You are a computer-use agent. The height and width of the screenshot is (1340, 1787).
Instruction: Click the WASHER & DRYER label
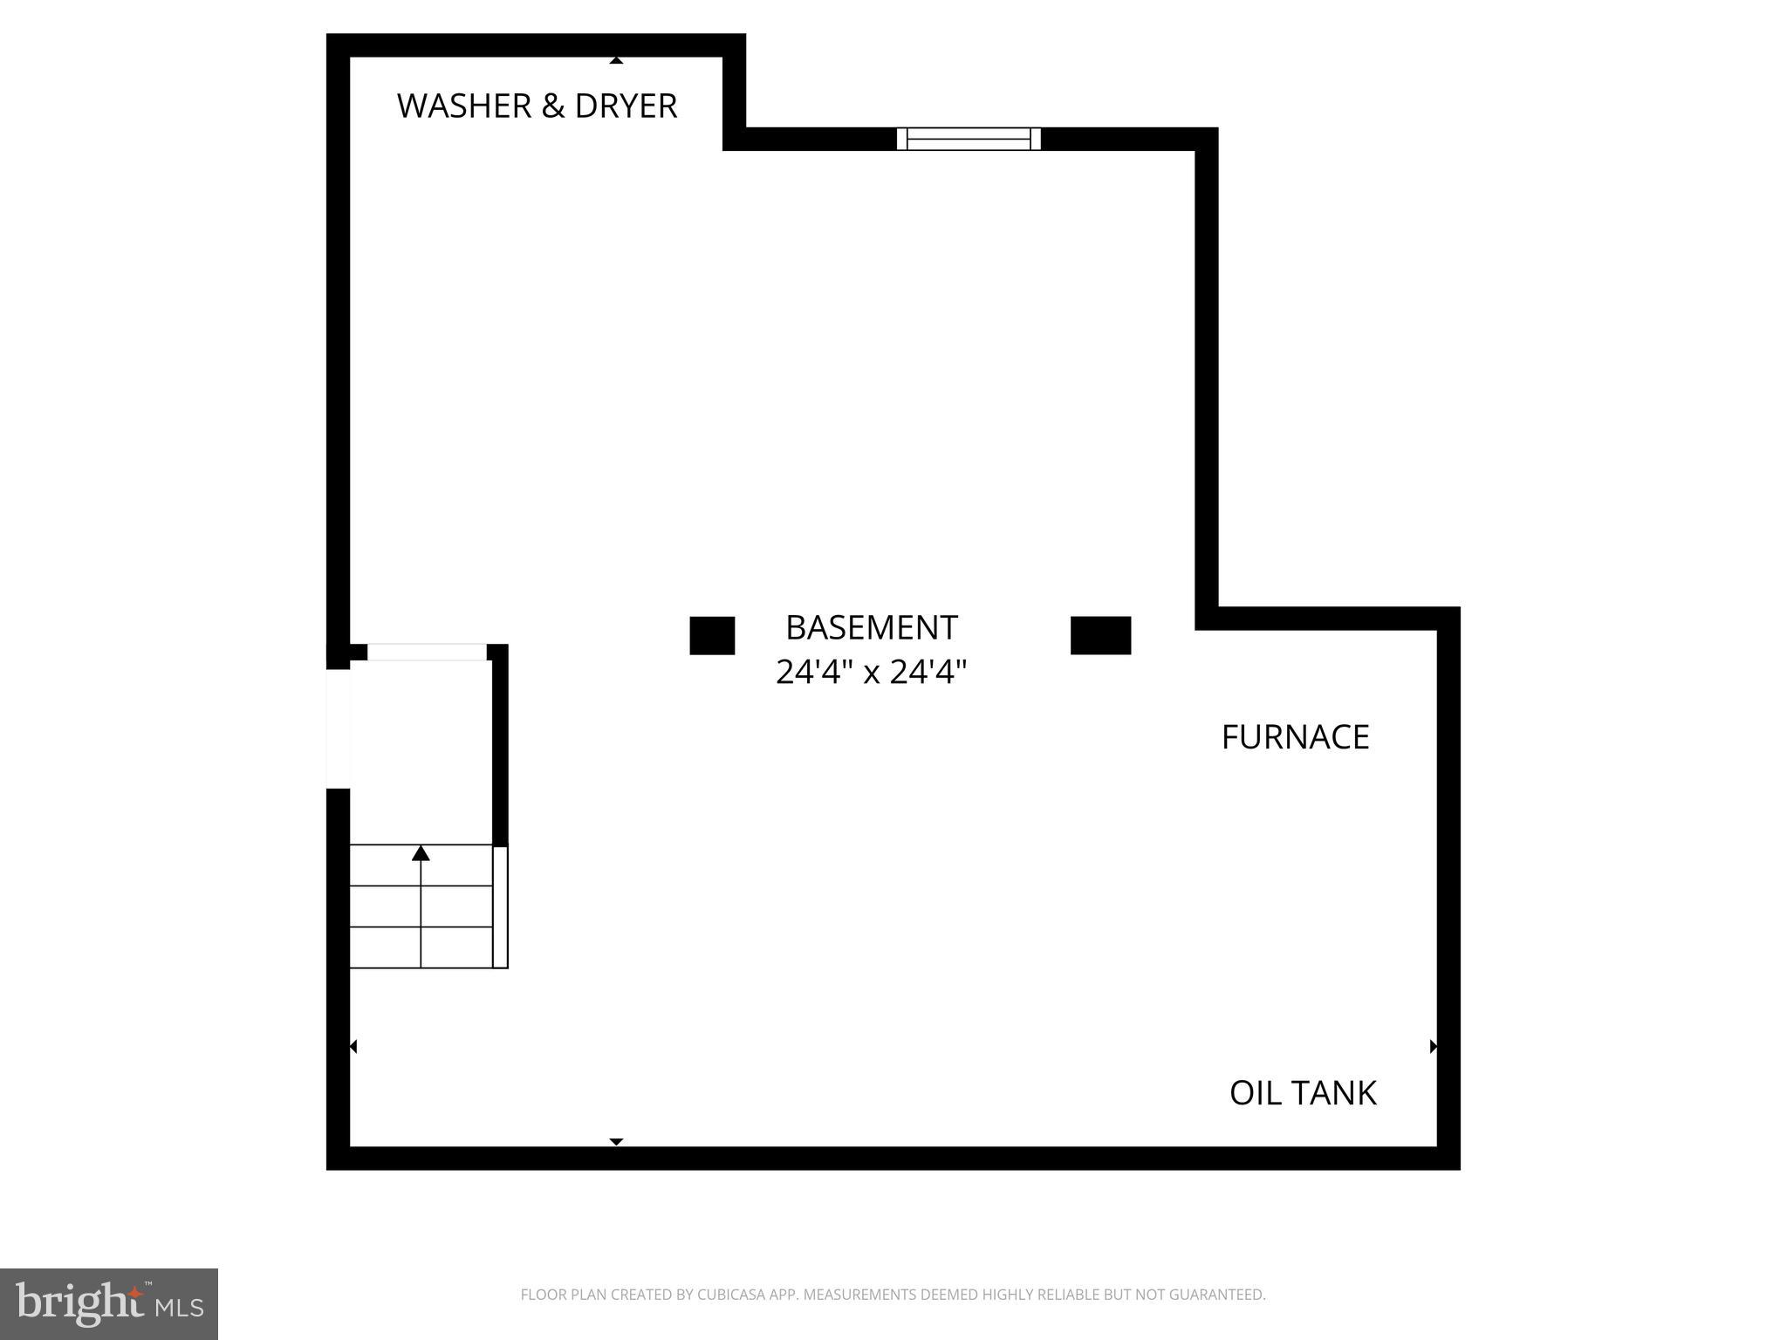click(537, 106)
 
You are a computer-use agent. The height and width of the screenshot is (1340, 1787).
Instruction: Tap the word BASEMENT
click(871, 628)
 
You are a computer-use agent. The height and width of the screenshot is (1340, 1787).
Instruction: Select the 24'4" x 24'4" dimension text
click(871, 673)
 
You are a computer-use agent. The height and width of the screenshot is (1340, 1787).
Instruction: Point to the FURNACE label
click(1295, 738)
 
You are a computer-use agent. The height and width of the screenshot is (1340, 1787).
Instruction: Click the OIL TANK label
click(1302, 1093)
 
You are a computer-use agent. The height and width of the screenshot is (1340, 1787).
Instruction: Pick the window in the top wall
click(969, 139)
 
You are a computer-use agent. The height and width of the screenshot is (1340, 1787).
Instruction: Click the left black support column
click(712, 635)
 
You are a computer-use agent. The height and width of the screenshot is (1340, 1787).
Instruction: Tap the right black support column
click(1100, 635)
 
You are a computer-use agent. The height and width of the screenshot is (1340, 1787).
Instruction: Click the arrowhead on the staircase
click(421, 853)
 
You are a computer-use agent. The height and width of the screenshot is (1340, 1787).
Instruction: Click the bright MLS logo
click(109, 1303)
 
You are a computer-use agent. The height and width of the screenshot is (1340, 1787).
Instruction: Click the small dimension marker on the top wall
click(616, 60)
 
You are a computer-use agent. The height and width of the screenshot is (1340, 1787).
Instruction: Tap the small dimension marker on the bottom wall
click(616, 1141)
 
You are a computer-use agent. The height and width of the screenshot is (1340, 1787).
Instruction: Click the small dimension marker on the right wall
click(1433, 1046)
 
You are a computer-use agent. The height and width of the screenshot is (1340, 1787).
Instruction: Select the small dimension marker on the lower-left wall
click(353, 1046)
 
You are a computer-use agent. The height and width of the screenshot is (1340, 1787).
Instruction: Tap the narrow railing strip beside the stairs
click(500, 906)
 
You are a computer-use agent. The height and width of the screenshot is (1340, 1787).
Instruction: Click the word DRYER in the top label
click(626, 106)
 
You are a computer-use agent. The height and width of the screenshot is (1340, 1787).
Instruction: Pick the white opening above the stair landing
click(427, 652)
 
